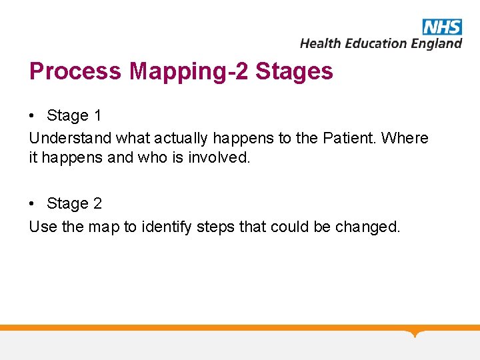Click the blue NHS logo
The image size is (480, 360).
pos(442,27)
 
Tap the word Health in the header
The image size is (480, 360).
pos(320,43)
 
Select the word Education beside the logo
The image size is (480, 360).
pos(375,43)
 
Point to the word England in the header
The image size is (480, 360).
pos(437,43)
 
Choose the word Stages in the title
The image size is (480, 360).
pos(294,71)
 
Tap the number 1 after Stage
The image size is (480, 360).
pos(98,116)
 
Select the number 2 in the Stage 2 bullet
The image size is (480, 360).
pos(98,204)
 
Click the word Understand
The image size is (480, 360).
pos(70,138)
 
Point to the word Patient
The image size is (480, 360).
pos(349,138)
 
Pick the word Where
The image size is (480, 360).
pos(405,138)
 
